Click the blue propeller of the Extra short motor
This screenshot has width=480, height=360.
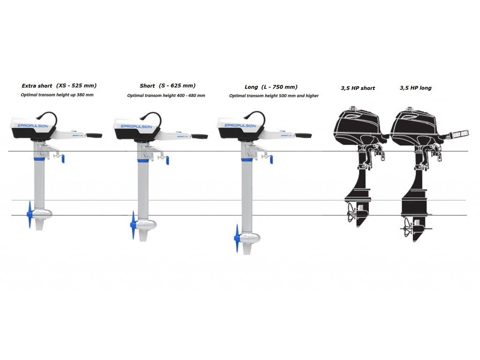[30, 215]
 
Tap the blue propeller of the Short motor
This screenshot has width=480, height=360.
[133, 225]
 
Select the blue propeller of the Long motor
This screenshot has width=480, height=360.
[237, 238]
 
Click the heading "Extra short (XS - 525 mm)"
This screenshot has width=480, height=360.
[59, 86]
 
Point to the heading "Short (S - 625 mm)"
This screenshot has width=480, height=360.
[167, 86]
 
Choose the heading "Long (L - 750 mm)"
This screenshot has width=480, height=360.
[271, 87]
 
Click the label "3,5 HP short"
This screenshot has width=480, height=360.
[358, 88]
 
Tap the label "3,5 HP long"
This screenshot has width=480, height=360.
[415, 88]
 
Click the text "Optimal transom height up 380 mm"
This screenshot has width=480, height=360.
[57, 95]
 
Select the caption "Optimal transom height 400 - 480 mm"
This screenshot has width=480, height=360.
[166, 96]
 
